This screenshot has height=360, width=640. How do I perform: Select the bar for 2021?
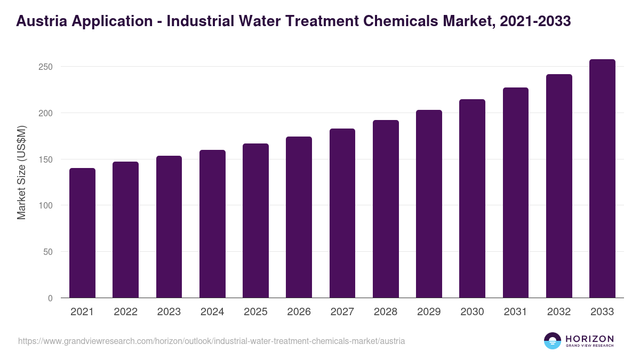pos(82,233)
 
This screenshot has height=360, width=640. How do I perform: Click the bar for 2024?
pos(212,224)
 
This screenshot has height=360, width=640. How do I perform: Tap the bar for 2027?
pos(342,213)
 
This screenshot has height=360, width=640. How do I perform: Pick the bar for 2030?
pos(472,198)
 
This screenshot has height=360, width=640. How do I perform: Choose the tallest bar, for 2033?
pos(602,179)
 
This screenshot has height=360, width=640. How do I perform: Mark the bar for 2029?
pos(429,204)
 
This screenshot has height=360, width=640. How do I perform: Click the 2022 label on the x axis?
pos(125,312)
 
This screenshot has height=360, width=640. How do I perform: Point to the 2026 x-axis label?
pos(299,312)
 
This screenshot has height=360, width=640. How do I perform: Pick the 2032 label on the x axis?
pos(559,312)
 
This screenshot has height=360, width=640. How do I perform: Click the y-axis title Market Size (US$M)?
pos(21,173)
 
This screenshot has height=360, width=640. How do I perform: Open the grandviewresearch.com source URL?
pos(211,341)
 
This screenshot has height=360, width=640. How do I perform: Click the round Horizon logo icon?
pos(553,341)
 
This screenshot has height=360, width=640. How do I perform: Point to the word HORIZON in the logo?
pos(589,338)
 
